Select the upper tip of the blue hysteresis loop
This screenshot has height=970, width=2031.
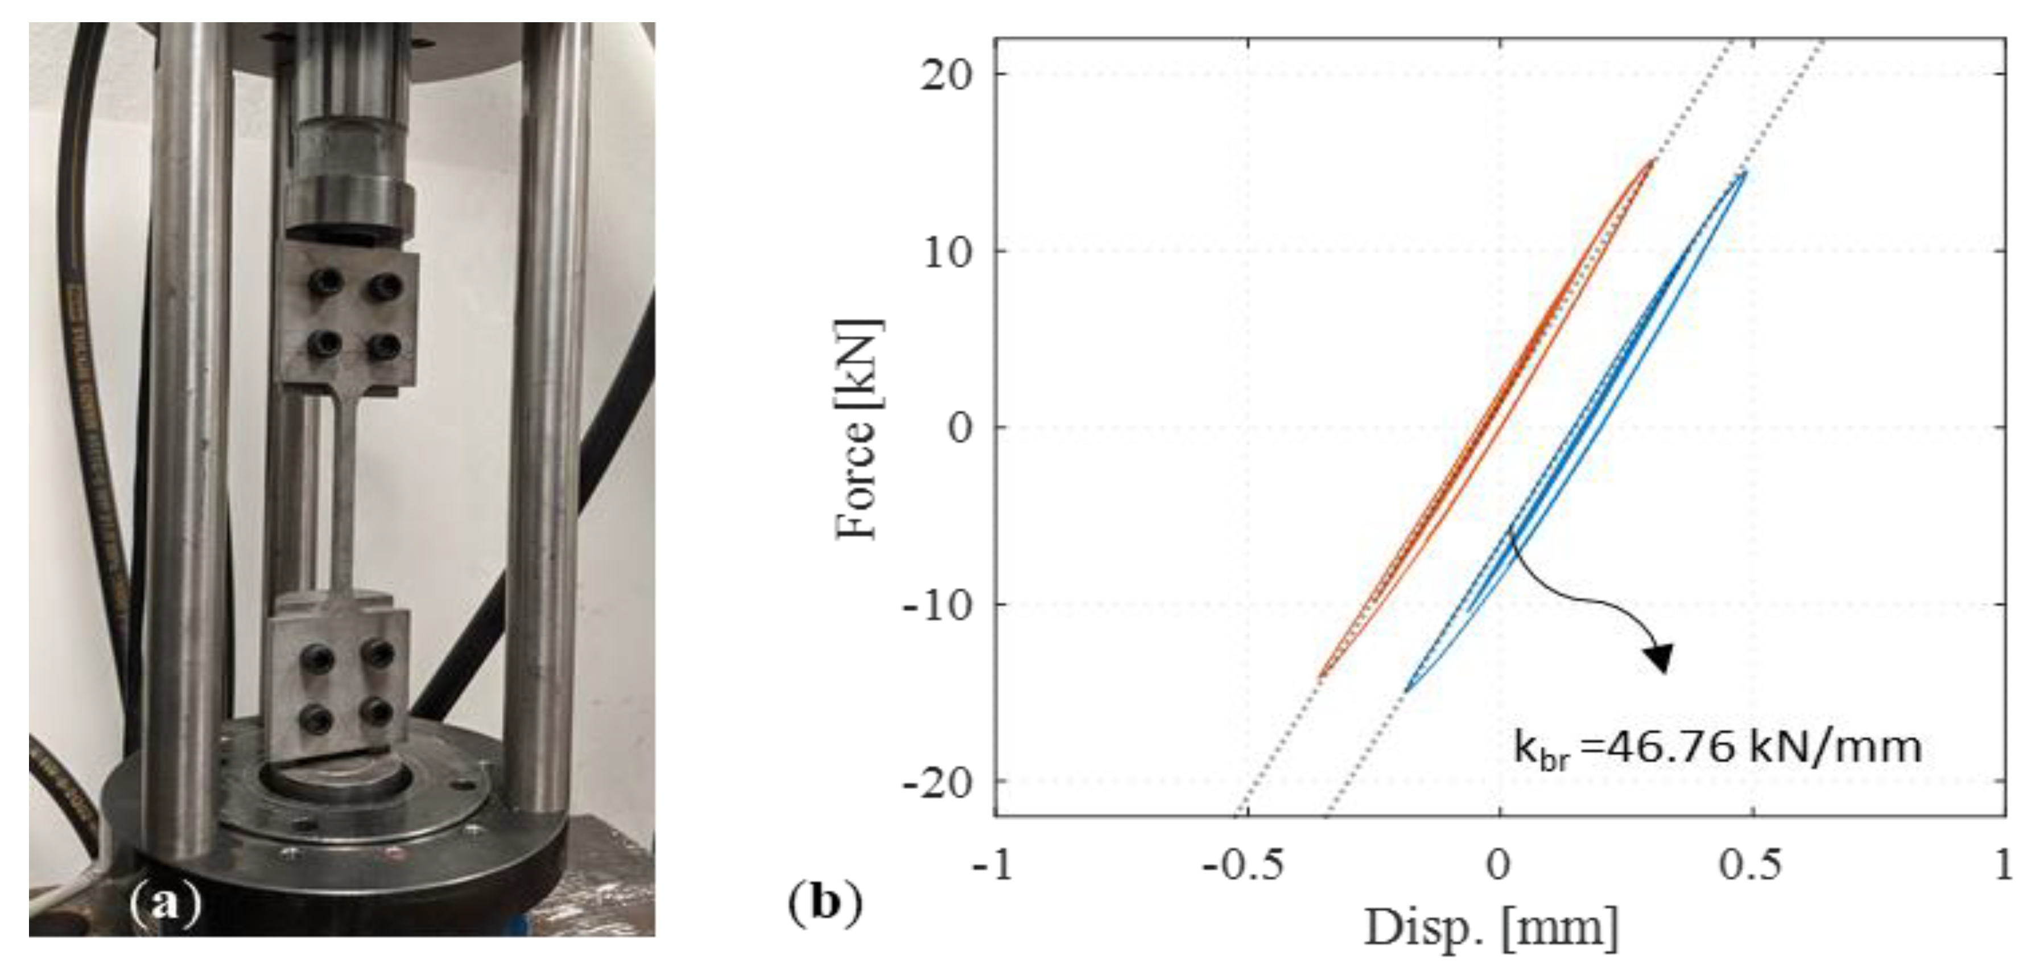point(1745,172)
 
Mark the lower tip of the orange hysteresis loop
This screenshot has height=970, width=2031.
point(1322,675)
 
